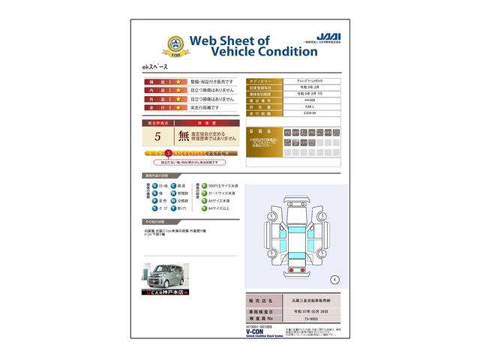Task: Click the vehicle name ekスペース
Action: [x=156, y=68]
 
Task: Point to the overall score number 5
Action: [x=157, y=136]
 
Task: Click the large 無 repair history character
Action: [x=184, y=136]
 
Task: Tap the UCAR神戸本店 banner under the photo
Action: [x=166, y=292]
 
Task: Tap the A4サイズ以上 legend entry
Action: [x=219, y=209]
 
